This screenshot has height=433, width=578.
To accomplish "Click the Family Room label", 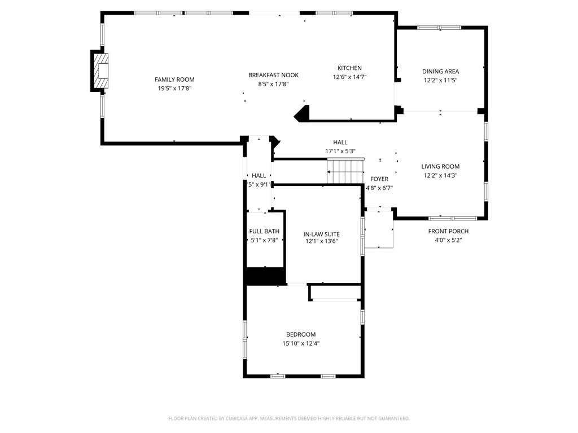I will [x=174, y=79].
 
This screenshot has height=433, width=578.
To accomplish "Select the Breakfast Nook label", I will [x=273, y=75].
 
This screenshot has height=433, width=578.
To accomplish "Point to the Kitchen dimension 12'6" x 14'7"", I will [x=349, y=77].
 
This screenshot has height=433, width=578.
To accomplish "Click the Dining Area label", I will [x=440, y=72].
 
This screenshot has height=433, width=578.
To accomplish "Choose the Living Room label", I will [x=440, y=166].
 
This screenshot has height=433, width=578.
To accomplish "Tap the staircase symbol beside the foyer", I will [x=345, y=171].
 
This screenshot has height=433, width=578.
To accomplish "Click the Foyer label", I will [x=379, y=179].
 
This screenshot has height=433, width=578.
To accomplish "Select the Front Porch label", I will [x=448, y=231].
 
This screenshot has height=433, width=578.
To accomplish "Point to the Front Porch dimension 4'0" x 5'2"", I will [x=448, y=240].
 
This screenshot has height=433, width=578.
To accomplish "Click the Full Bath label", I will [x=264, y=231].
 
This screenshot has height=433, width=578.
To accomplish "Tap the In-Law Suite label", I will [x=321, y=234].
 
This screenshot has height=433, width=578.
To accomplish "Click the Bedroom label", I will [x=300, y=334].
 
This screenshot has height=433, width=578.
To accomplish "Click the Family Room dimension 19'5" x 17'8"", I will [x=174, y=89].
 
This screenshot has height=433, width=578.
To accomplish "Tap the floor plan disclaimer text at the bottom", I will [x=289, y=418].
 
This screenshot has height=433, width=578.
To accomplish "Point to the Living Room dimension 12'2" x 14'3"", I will [x=440, y=175].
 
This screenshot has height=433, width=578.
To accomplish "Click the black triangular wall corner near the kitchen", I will [x=302, y=113].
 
